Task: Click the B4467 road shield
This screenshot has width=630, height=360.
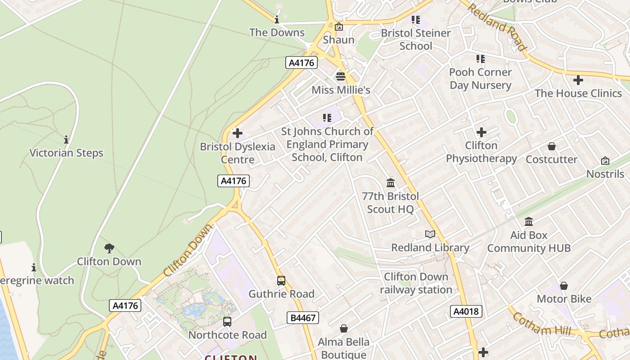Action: point(303,318)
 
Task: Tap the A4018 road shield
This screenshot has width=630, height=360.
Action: point(466,311)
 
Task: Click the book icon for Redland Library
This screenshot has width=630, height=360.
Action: point(430,234)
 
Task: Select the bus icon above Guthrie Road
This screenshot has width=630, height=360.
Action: point(281,281)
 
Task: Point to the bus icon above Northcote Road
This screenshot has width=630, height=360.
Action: point(227,322)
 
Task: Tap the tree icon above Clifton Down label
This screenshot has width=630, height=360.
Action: point(109,248)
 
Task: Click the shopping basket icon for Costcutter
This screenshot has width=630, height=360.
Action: point(552,146)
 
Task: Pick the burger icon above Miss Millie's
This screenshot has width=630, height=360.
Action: point(340,76)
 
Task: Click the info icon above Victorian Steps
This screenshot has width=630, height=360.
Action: point(66,140)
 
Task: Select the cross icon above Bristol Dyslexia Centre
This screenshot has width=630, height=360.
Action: point(237,133)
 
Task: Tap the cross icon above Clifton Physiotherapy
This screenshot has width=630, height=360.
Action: point(481,132)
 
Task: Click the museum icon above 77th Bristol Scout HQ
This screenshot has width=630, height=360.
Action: point(390,183)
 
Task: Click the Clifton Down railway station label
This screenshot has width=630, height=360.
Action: point(416,283)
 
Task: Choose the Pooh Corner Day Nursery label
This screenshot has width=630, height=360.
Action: point(480,79)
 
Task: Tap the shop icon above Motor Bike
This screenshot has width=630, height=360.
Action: point(563,286)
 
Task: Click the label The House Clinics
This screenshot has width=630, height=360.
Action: point(578,94)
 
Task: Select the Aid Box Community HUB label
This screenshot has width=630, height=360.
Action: point(529,242)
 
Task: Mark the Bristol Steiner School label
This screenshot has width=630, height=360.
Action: point(416,40)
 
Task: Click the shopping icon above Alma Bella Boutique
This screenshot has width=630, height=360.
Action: point(344,328)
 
